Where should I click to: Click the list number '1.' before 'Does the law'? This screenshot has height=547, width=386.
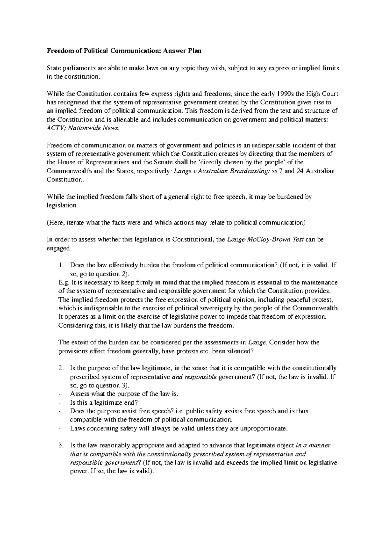pos(61,265)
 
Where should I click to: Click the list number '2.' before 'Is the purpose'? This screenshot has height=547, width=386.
pos(61,368)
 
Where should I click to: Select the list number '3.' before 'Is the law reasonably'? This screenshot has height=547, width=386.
pos(61,446)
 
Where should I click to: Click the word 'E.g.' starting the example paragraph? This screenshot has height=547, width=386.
pos(63,283)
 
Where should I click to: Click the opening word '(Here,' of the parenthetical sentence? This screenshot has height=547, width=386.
pos(56,223)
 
